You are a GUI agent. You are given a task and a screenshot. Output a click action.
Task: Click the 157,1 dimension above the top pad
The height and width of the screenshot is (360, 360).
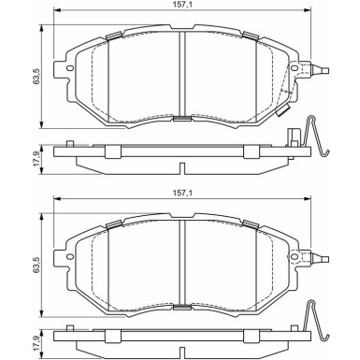pyautogui.click(x=182, y=5)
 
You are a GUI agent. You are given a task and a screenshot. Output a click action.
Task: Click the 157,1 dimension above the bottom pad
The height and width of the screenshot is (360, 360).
pyautogui.click(x=182, y=193)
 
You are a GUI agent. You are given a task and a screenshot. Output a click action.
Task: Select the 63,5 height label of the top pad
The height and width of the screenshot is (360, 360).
pyautogui.click(x=37, y=77)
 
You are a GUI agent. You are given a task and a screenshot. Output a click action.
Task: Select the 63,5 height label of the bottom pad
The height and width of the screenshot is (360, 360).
pyautogui.click(x=37, y=265)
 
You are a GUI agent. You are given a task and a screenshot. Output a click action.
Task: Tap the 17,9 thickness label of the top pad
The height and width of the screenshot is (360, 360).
pyautogui.click(x=36, y=160)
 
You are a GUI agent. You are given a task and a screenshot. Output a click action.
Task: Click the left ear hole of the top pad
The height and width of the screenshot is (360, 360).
pyautogui.click(x=70, y=68)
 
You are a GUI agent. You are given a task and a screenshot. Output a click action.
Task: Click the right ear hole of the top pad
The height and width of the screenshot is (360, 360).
pyautogui.click(x=295, y=68)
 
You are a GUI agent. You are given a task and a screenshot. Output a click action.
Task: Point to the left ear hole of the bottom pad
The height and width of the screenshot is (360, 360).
pyautogui.click(x=70, y=256)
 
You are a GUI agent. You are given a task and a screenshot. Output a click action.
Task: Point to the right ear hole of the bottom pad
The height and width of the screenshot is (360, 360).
pyautogui.click(x=295, y=256)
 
